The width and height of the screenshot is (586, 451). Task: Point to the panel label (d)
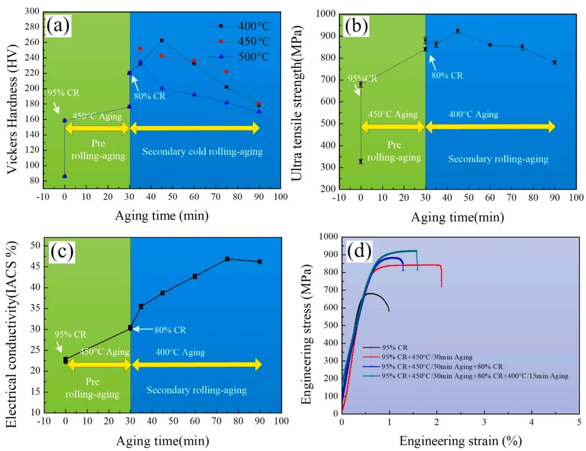(362, 252)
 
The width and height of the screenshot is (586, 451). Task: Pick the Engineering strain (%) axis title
(461, 440)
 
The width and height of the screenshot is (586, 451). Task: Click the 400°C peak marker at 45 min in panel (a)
(162, 40)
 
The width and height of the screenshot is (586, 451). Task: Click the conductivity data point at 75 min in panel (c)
(227, 258)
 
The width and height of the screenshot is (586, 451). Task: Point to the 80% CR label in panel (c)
(171, 330)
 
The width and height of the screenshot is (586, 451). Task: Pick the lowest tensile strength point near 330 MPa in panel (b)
(361, 161)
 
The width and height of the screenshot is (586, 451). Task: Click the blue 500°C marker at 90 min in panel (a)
(259, 111)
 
